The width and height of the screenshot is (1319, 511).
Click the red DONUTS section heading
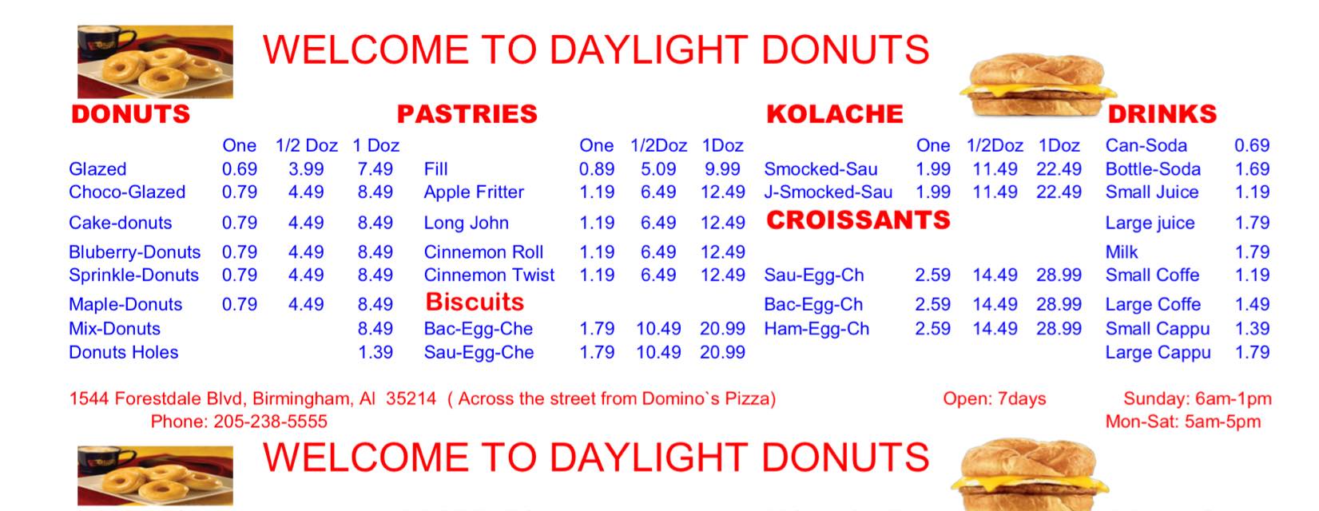click(x=131, y=113)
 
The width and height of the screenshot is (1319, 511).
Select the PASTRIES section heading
click(x=467, y=113)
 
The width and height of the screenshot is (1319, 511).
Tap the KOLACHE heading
click(x=834, y=113)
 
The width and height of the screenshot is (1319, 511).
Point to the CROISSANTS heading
click(x=858, y=220)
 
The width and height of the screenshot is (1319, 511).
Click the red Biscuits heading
click(x=475, y=302)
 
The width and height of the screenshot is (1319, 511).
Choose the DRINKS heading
click(x=1162, y=113)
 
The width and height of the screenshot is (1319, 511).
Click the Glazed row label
click(x=97, y=169)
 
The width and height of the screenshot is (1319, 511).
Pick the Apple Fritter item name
click(x=474, y=192)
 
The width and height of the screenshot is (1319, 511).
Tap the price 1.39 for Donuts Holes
click(x=375, y=352)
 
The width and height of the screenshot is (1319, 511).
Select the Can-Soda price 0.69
click(x=1252, y=145)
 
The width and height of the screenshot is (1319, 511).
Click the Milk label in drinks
click(x=1121, y=252)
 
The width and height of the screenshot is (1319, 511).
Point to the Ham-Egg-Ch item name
click(x=816, y=328)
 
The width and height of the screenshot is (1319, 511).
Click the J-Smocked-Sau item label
click(x=828, y=192)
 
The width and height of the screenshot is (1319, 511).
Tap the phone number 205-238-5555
click(x=270, y=422)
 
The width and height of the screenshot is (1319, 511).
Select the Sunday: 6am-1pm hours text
click(x=1198, y=398)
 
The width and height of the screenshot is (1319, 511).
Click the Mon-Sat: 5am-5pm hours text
click(x=1183, y=422)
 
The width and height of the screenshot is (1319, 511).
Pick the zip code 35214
click(x=411, y=398)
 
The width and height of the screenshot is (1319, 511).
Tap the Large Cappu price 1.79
click(x=1252, y=352)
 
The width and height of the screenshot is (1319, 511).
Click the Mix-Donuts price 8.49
click(x=375, y=328)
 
